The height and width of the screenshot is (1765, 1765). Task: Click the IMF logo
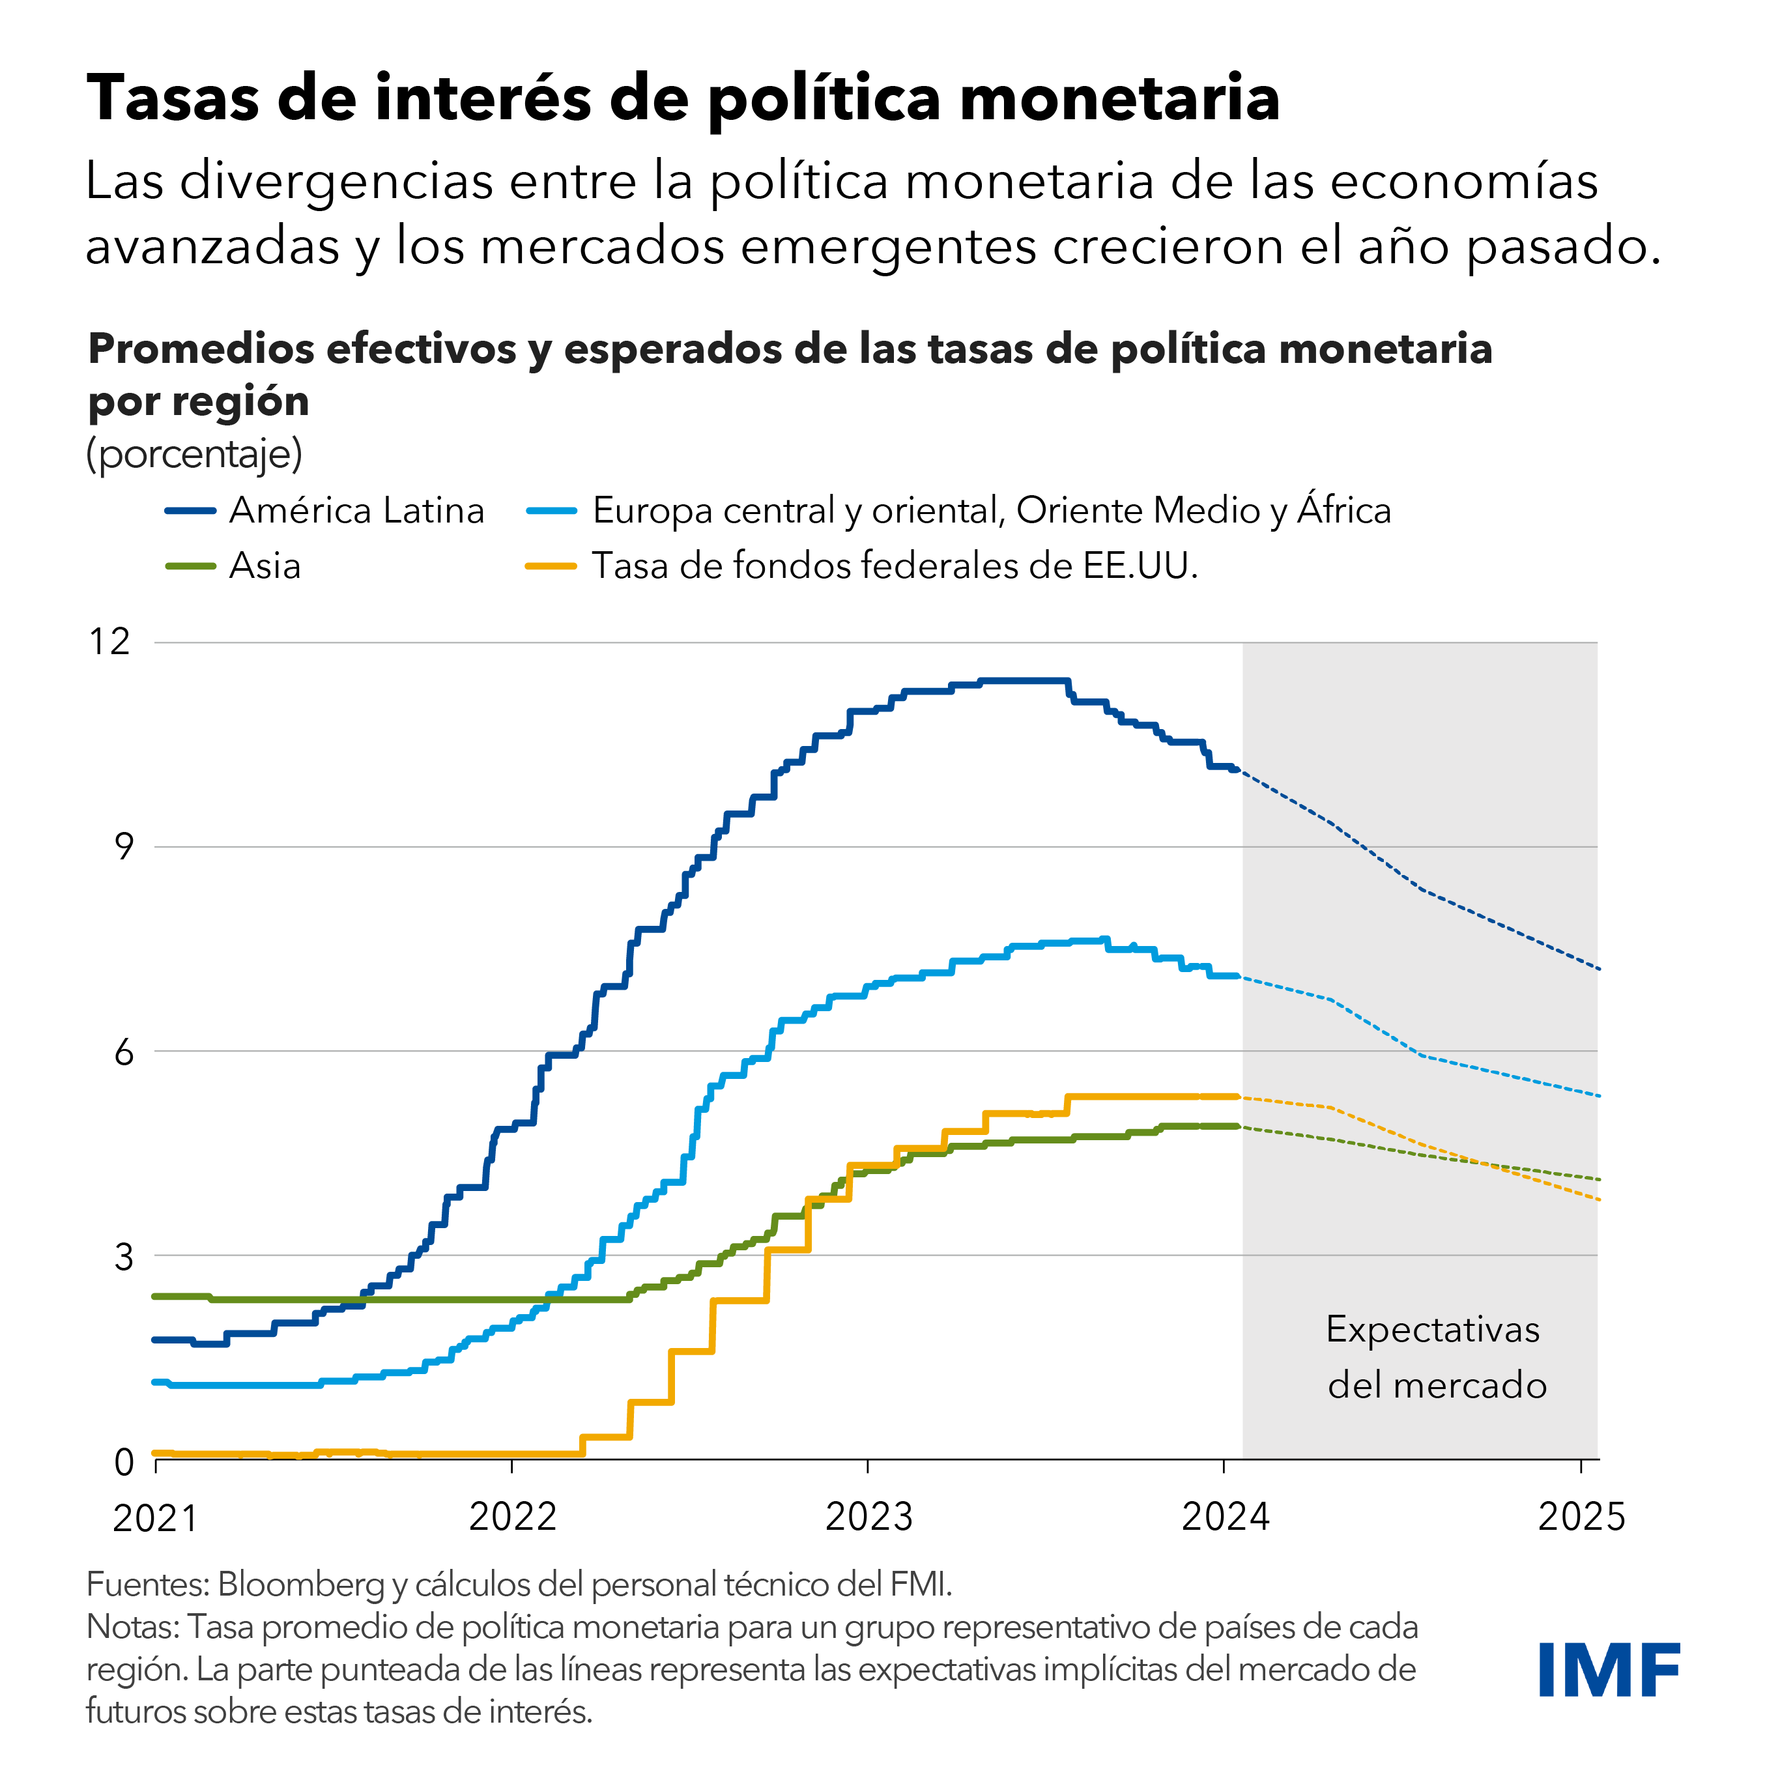pyautogui.click(x=1608, y=1669)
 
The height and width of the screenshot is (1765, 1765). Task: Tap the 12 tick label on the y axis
pyautogui.click(x=109, y=642)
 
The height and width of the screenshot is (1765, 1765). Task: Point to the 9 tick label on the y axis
pyautogui.click(x=123, y=847)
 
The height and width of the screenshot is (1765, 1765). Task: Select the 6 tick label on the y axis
pyautogui.click(x=123, y=1052)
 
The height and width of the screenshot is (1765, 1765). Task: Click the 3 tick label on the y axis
pyautogui.click(x=123, y=1257)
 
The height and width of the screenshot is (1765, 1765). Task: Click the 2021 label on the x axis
pyautogui.click(x=155, y=1518)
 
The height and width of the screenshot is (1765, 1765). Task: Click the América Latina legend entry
pyautogui.click(x=356, y=511)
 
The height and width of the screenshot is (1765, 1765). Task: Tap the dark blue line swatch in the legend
pyautogui.click(x=190, y=511)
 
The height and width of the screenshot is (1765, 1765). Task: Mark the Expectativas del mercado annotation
pyautogui.click(x=1436, y=1358)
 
